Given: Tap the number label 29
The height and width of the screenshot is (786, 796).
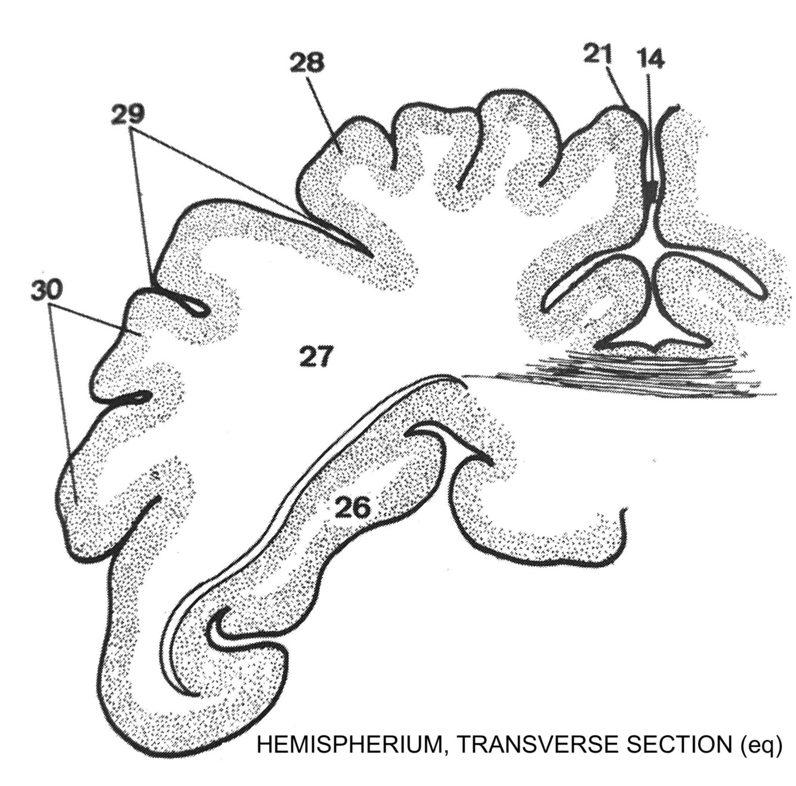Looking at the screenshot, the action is tap(129, 113).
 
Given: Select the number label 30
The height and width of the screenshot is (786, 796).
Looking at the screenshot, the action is tap(47, 290).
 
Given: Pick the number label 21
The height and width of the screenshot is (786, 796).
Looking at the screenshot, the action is tap(598, 55).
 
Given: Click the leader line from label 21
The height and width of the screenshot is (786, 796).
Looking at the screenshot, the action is tap(619, 87).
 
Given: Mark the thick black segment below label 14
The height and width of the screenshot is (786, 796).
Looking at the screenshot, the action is tap(653, 190).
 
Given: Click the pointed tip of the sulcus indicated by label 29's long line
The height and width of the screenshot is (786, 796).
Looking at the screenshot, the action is tap(370, 255).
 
